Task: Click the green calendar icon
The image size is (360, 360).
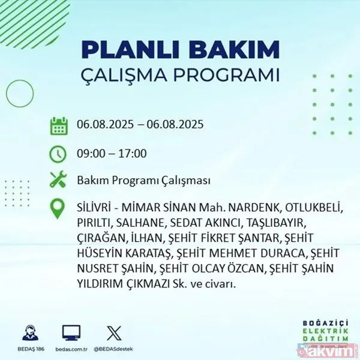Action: [58, 127]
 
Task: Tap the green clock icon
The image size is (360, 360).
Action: [58, 154]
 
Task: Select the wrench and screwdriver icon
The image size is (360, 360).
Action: [58, 180]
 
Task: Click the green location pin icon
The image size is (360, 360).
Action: [58, 209]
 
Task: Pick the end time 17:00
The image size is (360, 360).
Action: [133, 154]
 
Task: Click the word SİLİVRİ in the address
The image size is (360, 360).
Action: [95, 209]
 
